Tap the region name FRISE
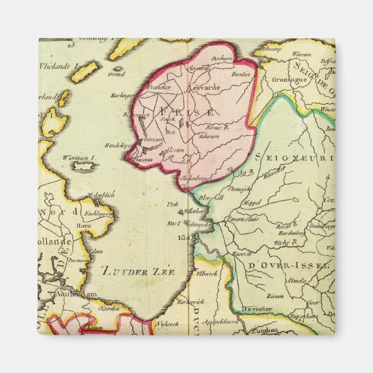[181, 112]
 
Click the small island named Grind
[116, 74]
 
